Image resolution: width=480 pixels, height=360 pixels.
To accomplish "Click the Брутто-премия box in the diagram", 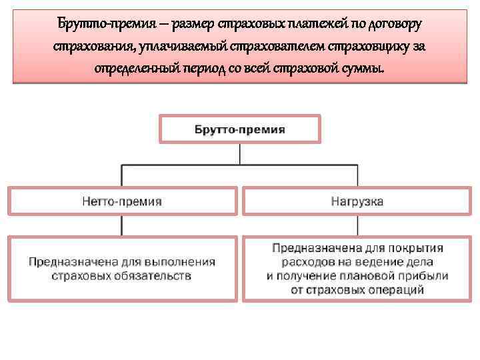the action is click(x=240, y=129).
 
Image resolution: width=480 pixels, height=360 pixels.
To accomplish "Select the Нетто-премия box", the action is click(x=122, y=201).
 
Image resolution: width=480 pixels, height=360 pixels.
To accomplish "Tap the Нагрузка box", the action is click(x=357, y=201).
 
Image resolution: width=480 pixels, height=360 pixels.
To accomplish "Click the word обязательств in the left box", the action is click(x=157, y=275).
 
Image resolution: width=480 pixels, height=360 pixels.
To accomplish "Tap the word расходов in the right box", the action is click(x=308, y=261).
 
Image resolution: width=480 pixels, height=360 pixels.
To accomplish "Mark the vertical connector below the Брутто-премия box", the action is click(x=240, y=154).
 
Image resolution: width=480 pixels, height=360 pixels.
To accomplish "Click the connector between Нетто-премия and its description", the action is click(x=121, y=226).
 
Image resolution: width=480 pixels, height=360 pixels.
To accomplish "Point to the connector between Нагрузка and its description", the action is click(x=357, y=226).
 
